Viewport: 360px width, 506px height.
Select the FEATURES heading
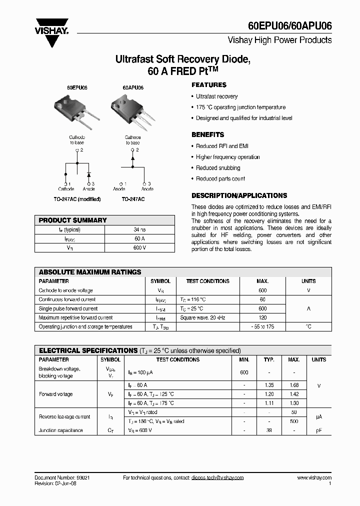click(x=208, y=85)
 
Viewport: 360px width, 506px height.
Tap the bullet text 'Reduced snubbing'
click(x=218, y=168)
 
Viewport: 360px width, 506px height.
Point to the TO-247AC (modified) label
click(x=77, y=199)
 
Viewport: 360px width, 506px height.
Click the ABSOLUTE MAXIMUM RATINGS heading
click(x=90, y=272)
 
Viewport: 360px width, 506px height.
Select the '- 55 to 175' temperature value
click(x=263, y=326)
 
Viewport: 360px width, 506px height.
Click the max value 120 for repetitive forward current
click(x=263, y=317)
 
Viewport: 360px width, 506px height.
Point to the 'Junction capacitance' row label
click(x=61, y=430)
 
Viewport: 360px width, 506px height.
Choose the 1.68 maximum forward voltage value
click(x=294, y=385)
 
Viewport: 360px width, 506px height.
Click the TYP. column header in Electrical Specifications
click(x=269, y=359)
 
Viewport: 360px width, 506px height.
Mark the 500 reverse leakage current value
click(x=294, y=421)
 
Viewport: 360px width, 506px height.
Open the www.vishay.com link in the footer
click(x=314, y=478)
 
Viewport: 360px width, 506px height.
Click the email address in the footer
click(x=217, y=478)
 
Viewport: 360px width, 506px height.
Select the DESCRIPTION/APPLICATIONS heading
click(x=239, y=195)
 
